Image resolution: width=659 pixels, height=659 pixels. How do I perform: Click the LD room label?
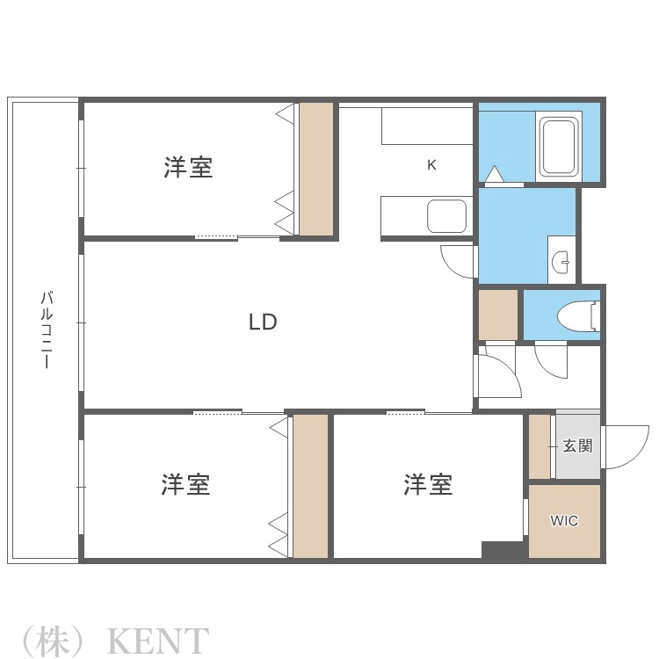[263, 322]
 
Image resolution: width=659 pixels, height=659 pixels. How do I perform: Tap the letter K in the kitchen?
[431, 164]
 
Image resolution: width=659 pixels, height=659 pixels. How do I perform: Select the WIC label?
[564, 521]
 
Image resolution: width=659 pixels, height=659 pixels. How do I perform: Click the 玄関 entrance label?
[577, 445]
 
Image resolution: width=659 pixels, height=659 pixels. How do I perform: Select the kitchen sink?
[446, 216]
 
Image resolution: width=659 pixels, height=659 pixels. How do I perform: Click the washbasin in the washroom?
[561, 260]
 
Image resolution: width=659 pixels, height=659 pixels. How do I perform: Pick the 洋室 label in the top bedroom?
[188, 167]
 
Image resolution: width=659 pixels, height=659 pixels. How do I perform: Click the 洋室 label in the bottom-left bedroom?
[185, 484]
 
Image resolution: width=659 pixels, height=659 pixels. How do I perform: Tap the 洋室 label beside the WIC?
[428, 484]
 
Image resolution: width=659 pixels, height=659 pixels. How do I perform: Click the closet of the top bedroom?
[316, 169]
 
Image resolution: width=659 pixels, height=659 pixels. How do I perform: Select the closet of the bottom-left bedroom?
[309, 486]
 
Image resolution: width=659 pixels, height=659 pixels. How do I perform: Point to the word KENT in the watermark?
[157, 641]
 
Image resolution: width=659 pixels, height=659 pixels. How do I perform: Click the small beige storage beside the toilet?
[497, 315]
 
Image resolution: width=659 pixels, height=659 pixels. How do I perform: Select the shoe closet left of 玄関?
[540, 445]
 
